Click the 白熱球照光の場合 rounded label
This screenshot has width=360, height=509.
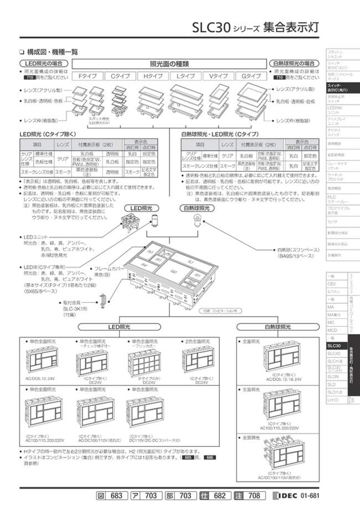295,64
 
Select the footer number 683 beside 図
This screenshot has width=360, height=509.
114,495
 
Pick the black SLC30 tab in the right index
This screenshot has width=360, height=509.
335,345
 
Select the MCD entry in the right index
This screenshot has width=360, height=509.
332,330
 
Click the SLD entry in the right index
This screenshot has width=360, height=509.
332,383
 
